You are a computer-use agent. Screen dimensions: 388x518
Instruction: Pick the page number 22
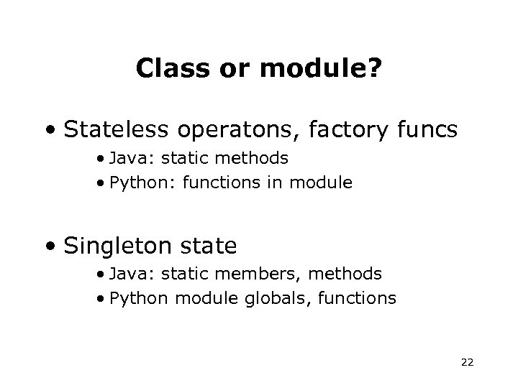[x=467, y=363]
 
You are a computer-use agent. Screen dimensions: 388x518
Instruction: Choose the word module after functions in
[x=321, y=183]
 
